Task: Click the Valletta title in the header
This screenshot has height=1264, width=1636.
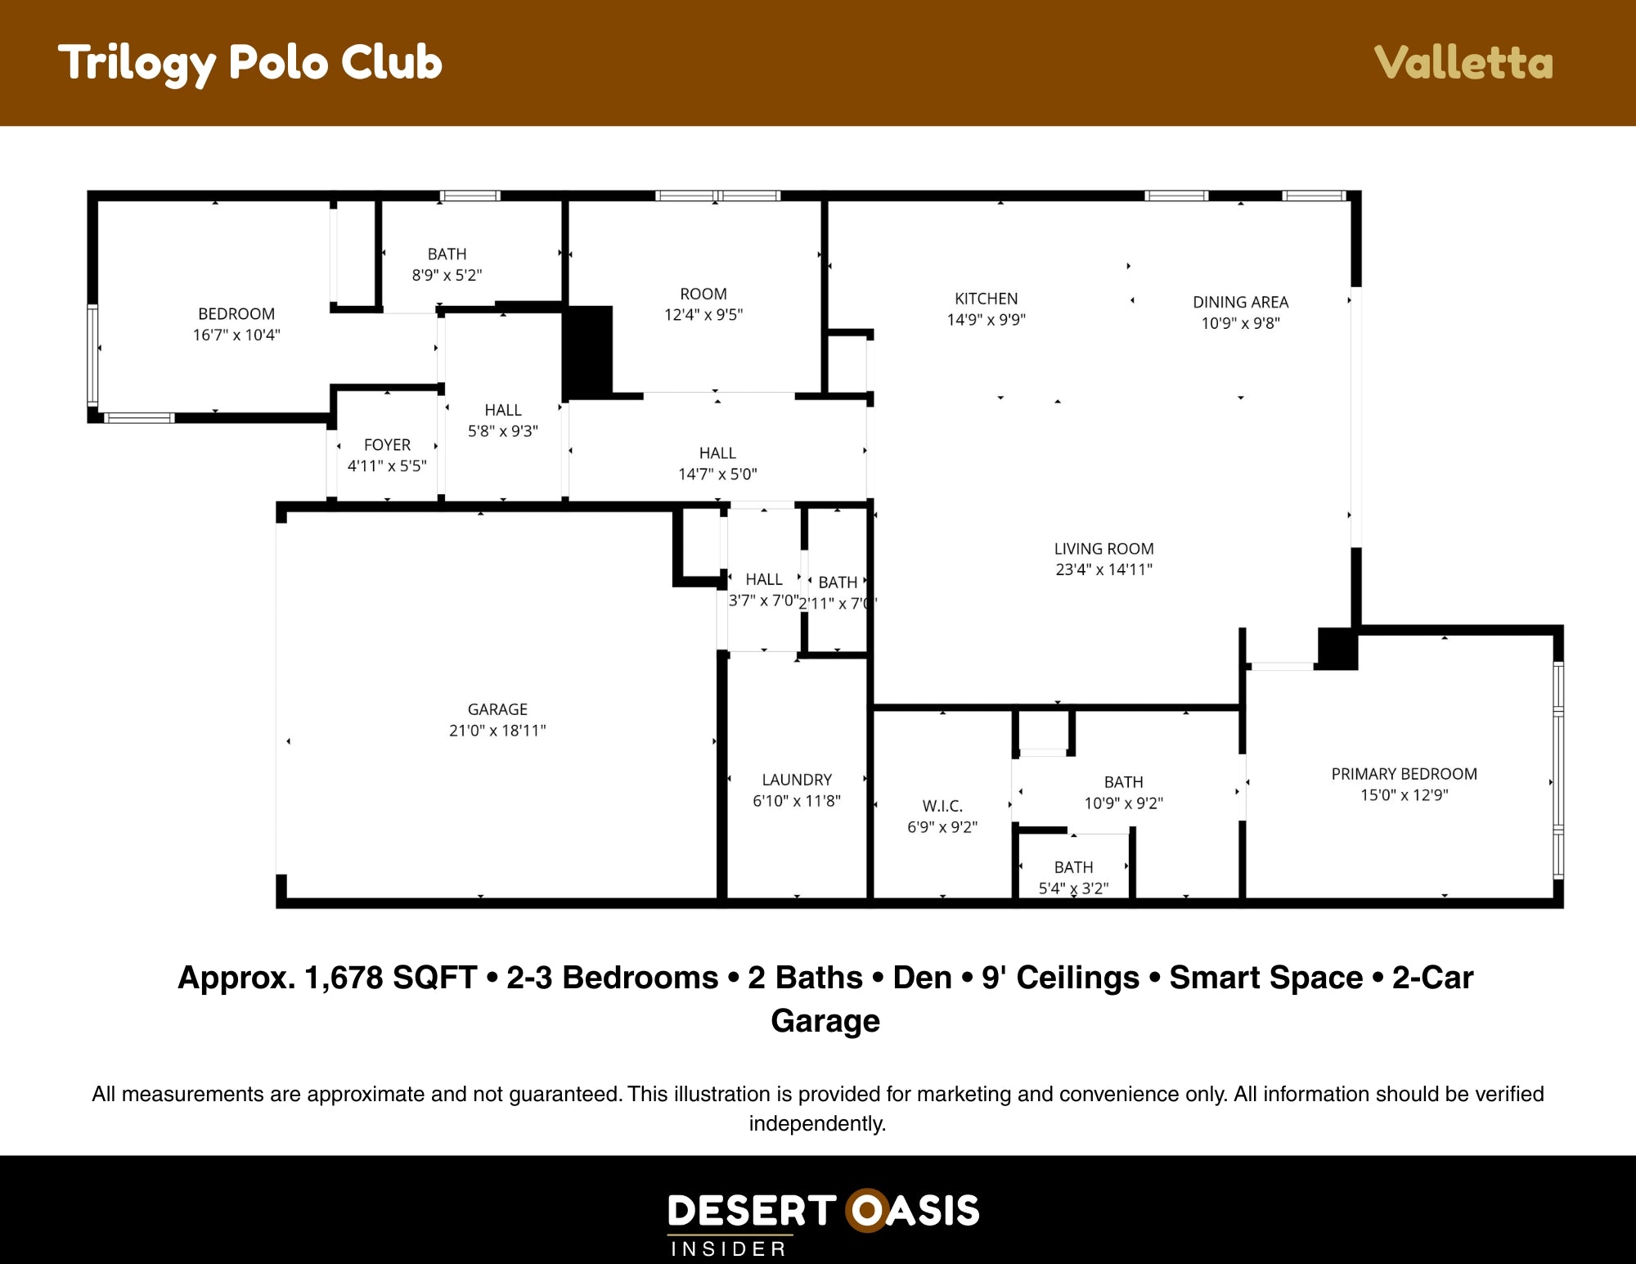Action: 1463,63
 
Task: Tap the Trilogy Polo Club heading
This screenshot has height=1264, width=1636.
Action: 250,63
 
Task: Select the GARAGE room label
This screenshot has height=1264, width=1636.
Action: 497,709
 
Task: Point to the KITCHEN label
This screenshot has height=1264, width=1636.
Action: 987,299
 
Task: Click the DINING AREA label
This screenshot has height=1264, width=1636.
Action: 1240,302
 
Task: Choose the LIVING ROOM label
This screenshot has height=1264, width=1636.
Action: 1103,549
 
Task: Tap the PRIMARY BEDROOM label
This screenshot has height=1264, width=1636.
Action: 1404,774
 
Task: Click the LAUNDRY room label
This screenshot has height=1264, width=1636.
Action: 797,780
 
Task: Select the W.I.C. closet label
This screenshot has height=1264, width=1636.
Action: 942,806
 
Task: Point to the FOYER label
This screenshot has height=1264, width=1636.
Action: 387,445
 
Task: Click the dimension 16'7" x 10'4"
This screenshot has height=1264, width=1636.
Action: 236,335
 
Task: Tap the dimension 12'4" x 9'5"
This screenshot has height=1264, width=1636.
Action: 703,314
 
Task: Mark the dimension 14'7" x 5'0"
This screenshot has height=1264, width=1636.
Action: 717,474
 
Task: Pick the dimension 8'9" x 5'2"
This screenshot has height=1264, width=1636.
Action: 447,275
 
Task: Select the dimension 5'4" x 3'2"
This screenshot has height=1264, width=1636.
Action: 1073,888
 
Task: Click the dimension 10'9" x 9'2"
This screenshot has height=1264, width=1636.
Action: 1123,803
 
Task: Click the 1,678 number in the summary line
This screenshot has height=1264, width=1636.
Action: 344,978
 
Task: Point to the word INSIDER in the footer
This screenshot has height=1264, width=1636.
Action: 729,1248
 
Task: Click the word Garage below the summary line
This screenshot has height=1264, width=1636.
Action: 825,1021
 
